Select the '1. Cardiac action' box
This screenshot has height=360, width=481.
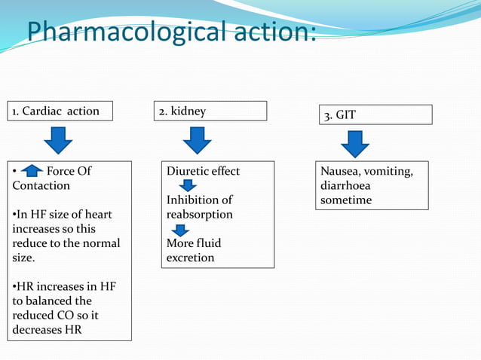pos(60,111)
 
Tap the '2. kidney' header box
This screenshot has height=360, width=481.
pos(211,111)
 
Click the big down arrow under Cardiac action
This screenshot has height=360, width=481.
pos(58,141)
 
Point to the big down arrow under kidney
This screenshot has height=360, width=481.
pos(197,141)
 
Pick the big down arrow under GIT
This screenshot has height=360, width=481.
pos(354,144)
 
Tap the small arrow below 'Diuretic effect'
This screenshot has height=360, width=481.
pos(182,185)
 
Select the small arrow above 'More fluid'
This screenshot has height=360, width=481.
pos(181,229)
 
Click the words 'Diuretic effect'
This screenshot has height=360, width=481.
pos(203,171)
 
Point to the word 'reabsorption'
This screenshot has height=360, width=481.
pos(200,215)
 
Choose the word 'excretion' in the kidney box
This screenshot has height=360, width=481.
pos(190,258)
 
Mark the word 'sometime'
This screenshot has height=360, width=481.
pos(345,200)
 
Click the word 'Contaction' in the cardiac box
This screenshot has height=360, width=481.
pos(41,185)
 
